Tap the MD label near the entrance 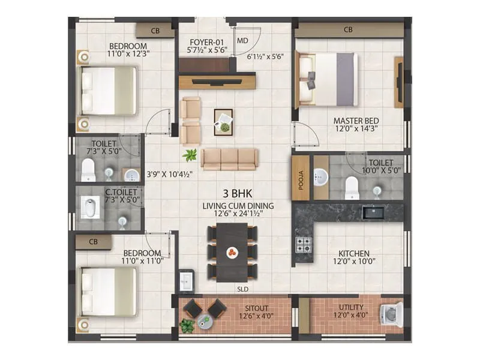[x=242, y=41]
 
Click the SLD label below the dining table [x=242, y=289]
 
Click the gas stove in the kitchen [x=303, y=245]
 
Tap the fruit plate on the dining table [x=232, y=253]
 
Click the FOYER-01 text [x=205, y=42]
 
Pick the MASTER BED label [x=356, y=121]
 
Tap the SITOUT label [x=239, y=307]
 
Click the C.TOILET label [x=121, y=192]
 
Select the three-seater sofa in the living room [x=229, y=159]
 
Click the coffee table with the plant [x=224, y=122]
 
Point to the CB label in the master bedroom [x=348, y=29]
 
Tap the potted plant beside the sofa [x=191, y=155]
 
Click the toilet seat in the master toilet [x=352, y=187]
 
